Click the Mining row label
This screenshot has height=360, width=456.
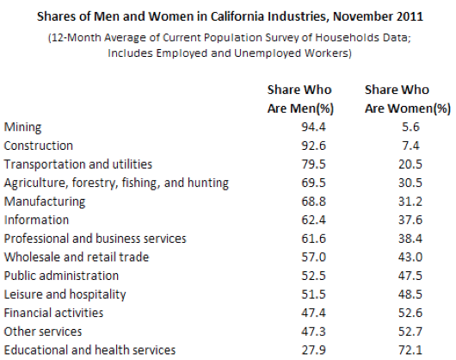22,127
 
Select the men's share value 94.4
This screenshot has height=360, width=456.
313,127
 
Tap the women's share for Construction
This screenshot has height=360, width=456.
410,146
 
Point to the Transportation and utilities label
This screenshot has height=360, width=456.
78,164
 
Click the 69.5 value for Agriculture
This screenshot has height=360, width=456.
313,183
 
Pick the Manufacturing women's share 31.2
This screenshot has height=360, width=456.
410,202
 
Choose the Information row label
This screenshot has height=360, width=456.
36,220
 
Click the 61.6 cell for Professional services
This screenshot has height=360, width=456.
313,239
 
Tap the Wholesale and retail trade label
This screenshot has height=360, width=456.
77,258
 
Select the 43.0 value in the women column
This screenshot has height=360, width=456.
410,258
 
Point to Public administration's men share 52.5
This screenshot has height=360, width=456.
313,276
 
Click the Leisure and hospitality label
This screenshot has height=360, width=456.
65,295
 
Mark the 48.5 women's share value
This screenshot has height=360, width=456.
410,295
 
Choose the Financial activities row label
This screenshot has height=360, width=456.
53,313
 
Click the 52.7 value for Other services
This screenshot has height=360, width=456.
410,332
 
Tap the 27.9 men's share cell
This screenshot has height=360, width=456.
313,351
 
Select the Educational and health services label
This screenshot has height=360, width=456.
89,351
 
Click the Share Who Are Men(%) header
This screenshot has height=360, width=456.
300,99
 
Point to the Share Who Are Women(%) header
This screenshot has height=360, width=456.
408,99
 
